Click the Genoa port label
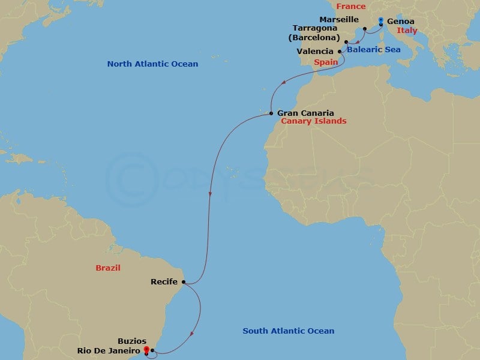click(400, 21)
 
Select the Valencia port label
click(315, 52)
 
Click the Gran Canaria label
click(305, 112)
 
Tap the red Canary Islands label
click(314, 121)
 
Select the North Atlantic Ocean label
click(152, 64)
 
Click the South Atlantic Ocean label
click(288, 331)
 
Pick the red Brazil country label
click(108, 268)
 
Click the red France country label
click(351, 7)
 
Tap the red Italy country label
click(407, 31)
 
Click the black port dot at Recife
click(184, 281)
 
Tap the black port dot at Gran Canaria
click(271, 113)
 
